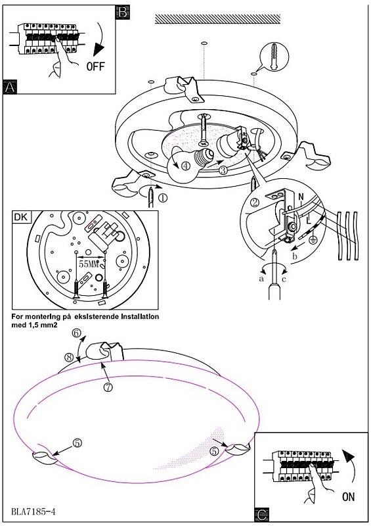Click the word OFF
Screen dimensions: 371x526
tap(95, 66)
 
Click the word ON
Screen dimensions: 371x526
tap(348, 496)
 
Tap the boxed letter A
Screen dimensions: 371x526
tap(10, 87)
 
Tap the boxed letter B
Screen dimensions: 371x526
tap(123, 12)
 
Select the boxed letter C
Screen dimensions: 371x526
tap(262, 515)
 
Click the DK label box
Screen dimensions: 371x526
tap(22, 217)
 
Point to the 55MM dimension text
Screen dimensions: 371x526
tap(89, 264)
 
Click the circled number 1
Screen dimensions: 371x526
tap(162, 198)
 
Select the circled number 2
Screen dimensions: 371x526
tap(255, 203)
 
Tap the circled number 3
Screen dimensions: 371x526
tap(223, 170)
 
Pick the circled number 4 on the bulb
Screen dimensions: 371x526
tap(186, 166)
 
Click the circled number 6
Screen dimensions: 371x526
tap(77, 333)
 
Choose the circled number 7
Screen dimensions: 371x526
tap(108, 387)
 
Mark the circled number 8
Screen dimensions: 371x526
tap(69, 358)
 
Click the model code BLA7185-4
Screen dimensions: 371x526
tap(33, 512)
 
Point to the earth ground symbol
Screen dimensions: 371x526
tap(313, 241)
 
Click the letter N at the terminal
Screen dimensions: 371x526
tap(301, 197)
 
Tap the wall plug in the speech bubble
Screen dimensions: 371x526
tap(274, 57)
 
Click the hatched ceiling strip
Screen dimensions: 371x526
tap(217, 19)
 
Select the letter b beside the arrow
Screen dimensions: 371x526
tap(295, 257)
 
